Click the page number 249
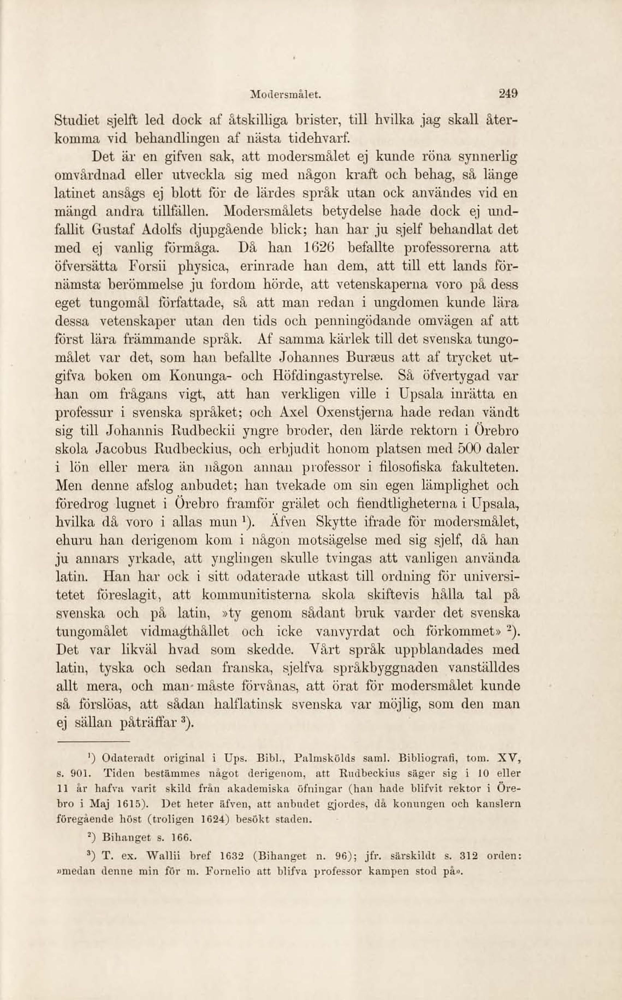[508, 94]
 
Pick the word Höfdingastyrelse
[328, 376]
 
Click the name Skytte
[336, 522]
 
